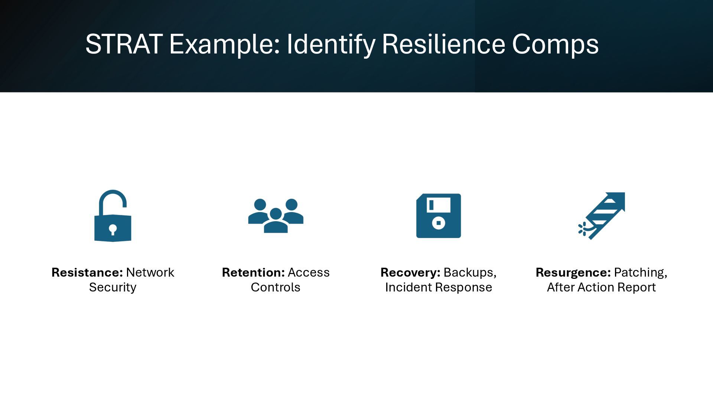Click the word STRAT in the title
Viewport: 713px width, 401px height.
click(124, 44)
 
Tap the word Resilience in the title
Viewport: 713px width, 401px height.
click(443, 44)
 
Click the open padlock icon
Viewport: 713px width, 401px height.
click(113, 216)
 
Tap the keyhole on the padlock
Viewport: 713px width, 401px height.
click(113, 229)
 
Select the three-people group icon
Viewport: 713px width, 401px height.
click(276, 216)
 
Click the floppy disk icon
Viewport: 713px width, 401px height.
click(439, 216)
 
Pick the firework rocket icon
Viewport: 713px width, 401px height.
click(602, 216)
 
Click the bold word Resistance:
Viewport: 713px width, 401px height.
click(87, 273)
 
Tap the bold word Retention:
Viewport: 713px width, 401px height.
click(253, 273)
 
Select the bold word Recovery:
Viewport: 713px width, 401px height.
click(410, 273)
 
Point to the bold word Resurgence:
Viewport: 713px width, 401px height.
click(573, 273)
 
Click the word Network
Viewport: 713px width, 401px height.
click(150, 273)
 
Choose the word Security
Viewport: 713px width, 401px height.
click(113, 287)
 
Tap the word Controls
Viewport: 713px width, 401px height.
click(276, 287)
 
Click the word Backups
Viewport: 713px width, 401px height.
click(469, 273)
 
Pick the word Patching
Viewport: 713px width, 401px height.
click(640, 273)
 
